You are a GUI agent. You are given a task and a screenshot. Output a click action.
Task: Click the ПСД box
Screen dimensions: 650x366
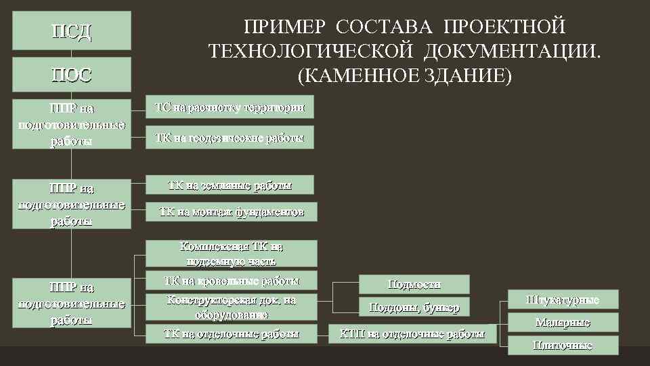[71, 31]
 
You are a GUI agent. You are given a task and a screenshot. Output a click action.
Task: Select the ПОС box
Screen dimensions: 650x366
[71, 74]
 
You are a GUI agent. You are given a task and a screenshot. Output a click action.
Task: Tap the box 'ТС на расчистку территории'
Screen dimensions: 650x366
[230, 107]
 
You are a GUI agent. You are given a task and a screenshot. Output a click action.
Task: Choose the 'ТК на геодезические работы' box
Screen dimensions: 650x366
[230, 138]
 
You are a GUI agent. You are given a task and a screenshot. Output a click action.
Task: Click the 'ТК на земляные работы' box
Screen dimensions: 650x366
[230, 185]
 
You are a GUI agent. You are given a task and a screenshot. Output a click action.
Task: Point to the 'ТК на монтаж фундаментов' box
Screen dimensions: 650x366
[232, 212]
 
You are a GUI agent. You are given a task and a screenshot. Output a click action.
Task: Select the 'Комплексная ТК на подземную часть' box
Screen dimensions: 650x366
[232, 253]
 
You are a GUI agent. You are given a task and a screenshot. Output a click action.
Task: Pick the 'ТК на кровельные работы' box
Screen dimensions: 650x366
[232, 281]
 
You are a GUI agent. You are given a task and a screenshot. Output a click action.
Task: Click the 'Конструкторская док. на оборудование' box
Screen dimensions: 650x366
[232, 307]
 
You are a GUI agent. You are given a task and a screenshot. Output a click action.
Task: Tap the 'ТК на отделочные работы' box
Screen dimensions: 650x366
[232, 333]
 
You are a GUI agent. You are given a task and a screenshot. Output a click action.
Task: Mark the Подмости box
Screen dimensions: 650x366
[414, 284]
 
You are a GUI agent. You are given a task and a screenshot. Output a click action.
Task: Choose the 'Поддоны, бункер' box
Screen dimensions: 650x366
[414, 307]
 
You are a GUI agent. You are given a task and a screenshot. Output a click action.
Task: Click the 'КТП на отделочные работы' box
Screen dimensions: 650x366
[412, 333]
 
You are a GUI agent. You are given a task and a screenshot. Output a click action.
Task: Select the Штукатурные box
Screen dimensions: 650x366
[563, 300]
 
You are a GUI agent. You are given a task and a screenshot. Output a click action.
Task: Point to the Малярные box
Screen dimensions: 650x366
[563, 323]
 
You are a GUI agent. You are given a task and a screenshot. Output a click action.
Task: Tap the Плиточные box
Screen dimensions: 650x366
[563, 346]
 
